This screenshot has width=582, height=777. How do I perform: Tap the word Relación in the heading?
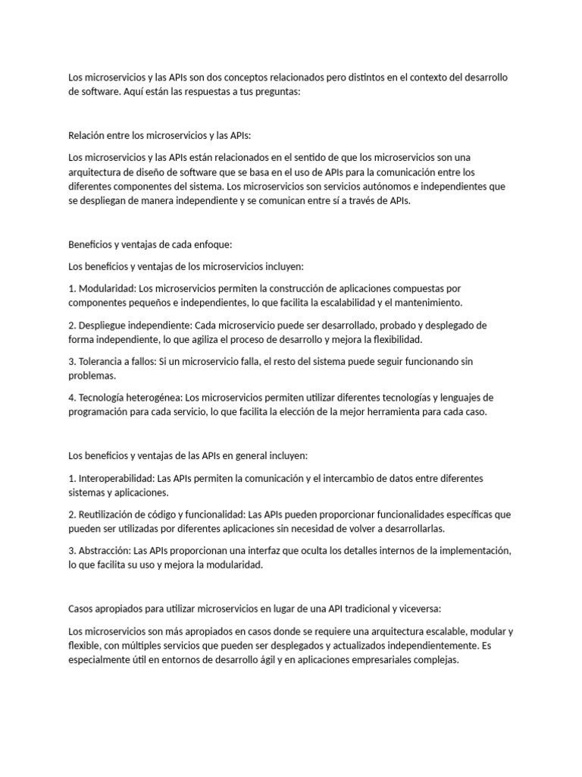click(88, 136)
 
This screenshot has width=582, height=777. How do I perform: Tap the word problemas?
click(92, 376)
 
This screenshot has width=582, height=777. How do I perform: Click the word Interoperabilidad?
click(115, 479)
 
